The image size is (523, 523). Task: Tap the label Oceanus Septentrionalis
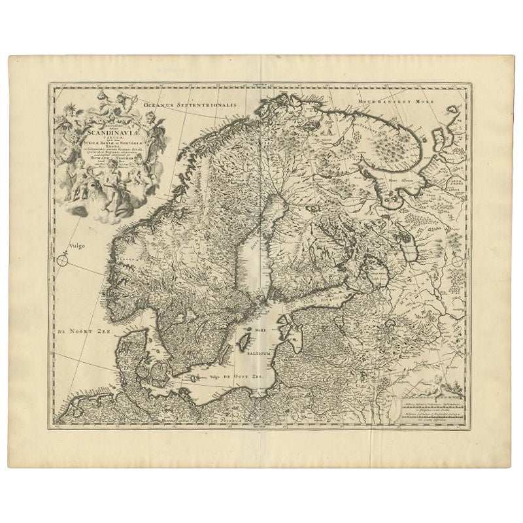197,104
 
